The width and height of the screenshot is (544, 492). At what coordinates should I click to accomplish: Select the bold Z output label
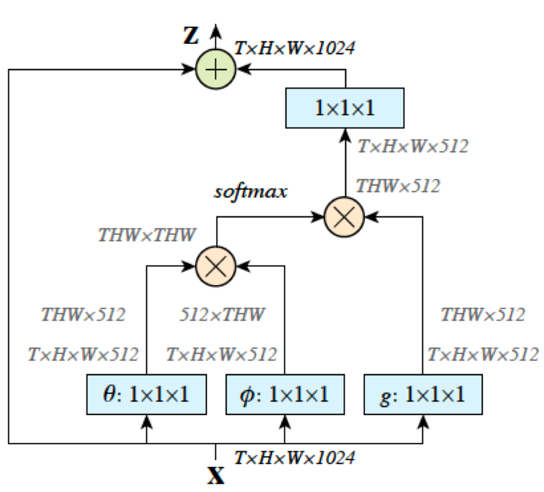click(x=190, y=36)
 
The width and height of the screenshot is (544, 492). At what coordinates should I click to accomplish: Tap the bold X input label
click(x=216, y=475)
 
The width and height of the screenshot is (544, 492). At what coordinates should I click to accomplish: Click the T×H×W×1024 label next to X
click(x=294, y=457)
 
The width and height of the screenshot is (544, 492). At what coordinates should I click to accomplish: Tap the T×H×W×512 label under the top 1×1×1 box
click(x=413, y=146)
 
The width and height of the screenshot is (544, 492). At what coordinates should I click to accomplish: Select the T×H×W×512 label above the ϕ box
click(x=221, y=354)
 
